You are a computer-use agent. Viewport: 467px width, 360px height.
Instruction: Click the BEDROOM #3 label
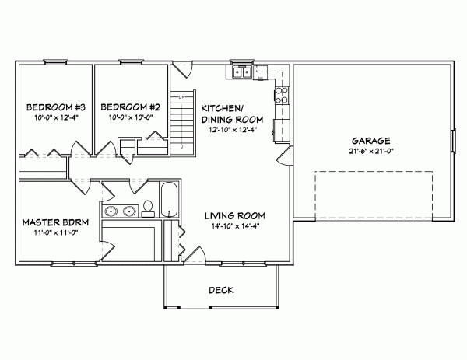pos(50,107)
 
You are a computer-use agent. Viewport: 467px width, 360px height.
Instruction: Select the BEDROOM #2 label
pos(131,107)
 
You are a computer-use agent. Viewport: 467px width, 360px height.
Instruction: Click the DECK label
pos(221,290)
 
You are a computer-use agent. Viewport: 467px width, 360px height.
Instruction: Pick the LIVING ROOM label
pos(236,215)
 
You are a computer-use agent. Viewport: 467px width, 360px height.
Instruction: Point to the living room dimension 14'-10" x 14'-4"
pos(236,226)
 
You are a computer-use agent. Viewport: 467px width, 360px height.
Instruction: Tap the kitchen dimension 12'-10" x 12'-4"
pos(232,131)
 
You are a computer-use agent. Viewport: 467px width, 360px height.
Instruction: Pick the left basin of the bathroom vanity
pos(111,210)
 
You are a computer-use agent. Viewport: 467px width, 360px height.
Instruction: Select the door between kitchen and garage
pos(284,155)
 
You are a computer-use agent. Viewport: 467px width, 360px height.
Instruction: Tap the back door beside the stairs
pos(181,72)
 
